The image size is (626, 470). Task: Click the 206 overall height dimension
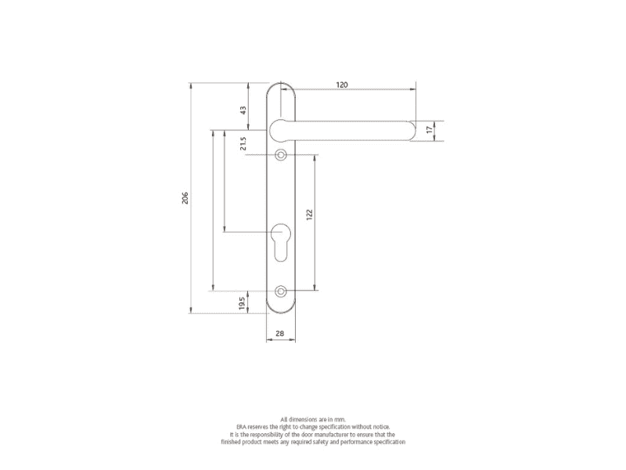coord(185,198)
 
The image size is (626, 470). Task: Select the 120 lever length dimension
coord(342,84)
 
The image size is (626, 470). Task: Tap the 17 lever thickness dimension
coord(429,131)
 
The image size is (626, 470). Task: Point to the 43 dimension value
coord(243,110)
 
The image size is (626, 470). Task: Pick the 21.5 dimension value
coord(243,143)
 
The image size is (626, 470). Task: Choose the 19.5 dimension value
coord(243,302)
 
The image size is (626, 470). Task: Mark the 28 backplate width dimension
coord(281,334)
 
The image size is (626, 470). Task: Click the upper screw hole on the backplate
coord(281,154)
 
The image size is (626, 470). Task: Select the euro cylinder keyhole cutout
coord(281,240)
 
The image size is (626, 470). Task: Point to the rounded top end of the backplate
coord(281,86)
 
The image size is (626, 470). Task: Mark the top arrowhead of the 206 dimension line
coord(191,84)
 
